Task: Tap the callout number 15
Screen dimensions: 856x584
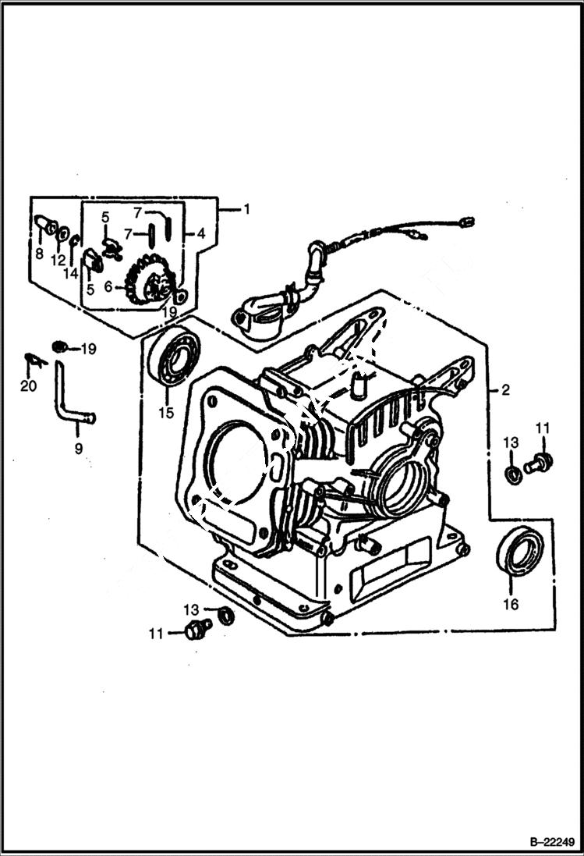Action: point(165,413)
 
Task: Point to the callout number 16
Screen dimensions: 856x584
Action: point(511,604)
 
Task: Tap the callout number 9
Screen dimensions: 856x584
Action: point(78,449)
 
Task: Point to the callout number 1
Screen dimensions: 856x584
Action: point(246,209)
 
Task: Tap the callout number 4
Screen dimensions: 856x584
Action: point(200,233)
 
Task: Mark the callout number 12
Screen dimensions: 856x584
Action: point(58,260)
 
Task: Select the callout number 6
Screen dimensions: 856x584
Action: point(108,287)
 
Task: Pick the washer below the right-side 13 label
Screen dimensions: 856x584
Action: point(513,474)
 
